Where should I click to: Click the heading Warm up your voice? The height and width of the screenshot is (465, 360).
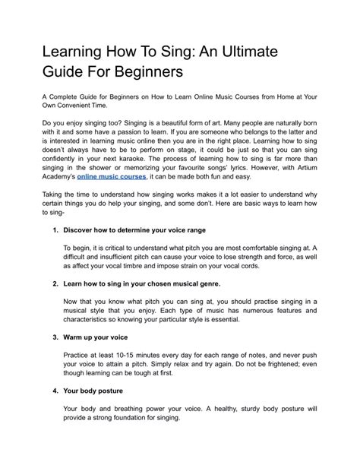pyautogui.click(x=96, y=337)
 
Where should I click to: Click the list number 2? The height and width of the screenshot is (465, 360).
pyautogui.click(x=55, y=283)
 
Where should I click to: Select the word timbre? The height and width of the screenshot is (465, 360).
pyautogui.click(x=151, y=266)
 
